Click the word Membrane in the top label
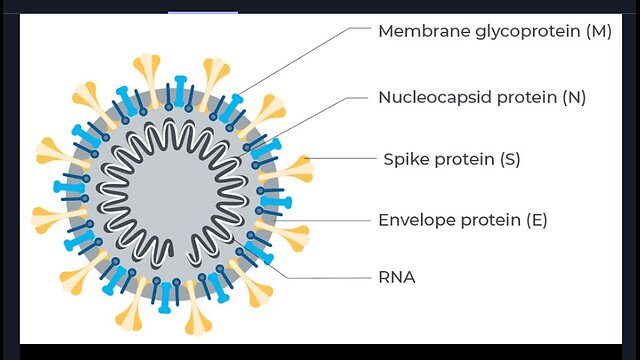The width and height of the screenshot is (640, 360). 424,31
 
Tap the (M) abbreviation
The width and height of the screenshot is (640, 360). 599,31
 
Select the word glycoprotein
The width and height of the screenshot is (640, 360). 528,32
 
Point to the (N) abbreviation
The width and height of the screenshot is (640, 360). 574,98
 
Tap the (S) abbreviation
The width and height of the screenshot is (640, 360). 510,159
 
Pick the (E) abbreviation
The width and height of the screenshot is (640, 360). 537,220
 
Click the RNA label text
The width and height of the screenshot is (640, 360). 397,278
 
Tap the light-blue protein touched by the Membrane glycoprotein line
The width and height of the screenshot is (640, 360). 231,108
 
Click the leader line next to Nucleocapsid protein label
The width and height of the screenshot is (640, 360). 303,127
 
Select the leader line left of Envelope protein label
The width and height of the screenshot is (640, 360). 322,221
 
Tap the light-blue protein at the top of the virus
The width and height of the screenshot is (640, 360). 180,91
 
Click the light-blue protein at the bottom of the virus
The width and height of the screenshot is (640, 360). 165,297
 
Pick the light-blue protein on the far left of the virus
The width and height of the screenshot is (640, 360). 69,187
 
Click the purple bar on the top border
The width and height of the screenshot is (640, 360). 203,13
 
